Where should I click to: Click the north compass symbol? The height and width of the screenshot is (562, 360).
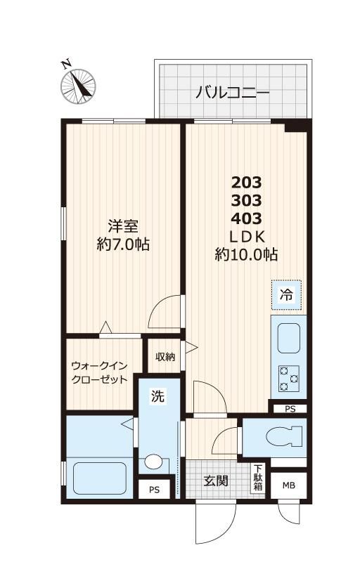coord(79,84)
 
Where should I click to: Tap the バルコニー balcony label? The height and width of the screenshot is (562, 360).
coord(232,91)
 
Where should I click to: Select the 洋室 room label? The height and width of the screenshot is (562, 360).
coord(122,226)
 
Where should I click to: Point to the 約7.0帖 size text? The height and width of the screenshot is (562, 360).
coord(122,245)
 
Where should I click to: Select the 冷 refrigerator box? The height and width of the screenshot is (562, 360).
coord(287,296)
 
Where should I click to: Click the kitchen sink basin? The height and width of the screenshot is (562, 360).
coord(288,339)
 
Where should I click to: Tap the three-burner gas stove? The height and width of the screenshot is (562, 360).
coord(288,377)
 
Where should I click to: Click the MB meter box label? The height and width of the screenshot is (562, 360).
coord(289,485)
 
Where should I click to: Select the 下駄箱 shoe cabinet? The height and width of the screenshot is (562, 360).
coord(259,478)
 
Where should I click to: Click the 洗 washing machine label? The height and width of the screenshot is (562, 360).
coord(158,397)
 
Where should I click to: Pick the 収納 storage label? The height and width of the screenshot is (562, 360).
coord(165,356)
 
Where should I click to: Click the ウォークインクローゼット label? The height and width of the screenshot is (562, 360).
coord(99,372)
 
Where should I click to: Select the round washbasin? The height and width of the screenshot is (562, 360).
coord(154,463)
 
